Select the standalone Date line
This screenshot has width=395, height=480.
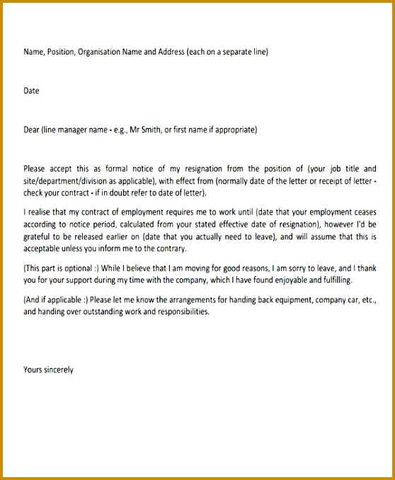tap(31, 91)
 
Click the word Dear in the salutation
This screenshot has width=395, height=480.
tap(32, 130)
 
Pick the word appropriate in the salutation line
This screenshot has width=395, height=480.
tap(234, 130)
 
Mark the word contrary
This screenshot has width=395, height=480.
tap(169, 249)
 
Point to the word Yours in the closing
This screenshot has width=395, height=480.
tap(33, 370)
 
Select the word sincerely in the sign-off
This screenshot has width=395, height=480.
tap(59, 370)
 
